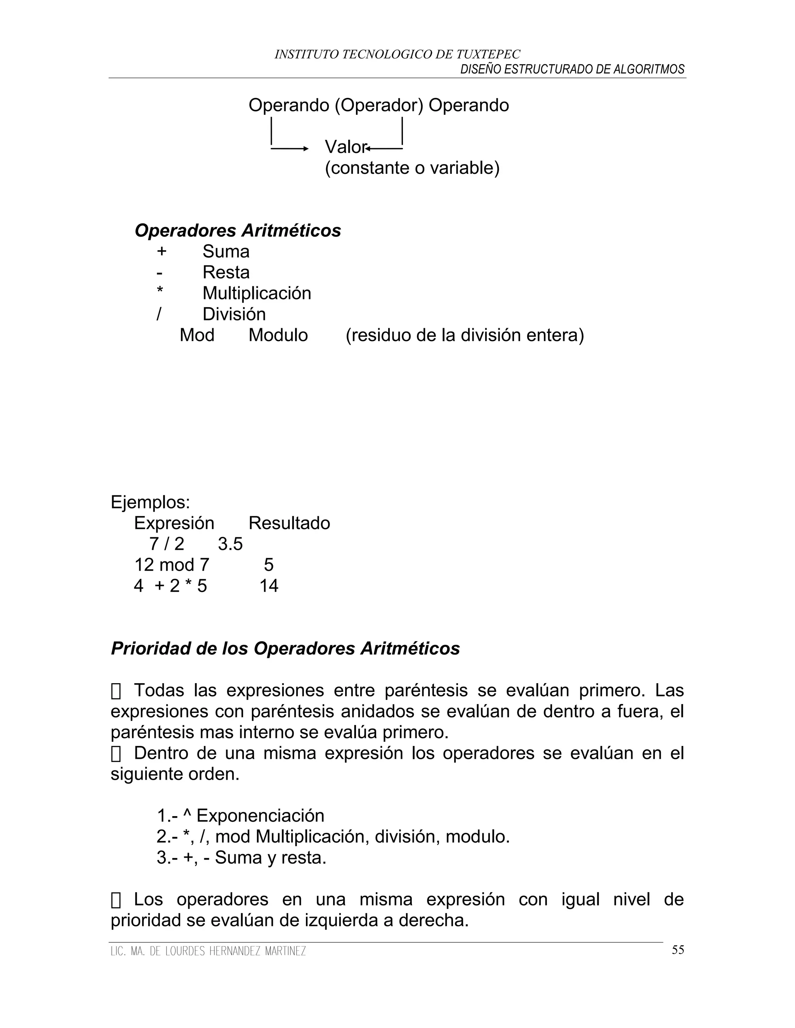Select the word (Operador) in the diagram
[x=379, y=105]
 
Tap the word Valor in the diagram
[x=345, y=147]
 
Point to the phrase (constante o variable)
[x=412, y=168]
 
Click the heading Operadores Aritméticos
[x=238, y=231]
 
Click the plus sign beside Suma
[x=161, y=251]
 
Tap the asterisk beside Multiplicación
[x=160, y=291]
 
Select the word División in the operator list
[x=234, y=314]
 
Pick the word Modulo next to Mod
[x=278, y=335]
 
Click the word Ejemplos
[x=150, y=502]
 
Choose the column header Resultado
[x=289, y=523]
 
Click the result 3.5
[x=230, y=544]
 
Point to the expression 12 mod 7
[x=172, y=565]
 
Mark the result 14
[x=269, y=586]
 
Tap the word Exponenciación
[x=260, y=816]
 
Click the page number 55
[x=678, y=950]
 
